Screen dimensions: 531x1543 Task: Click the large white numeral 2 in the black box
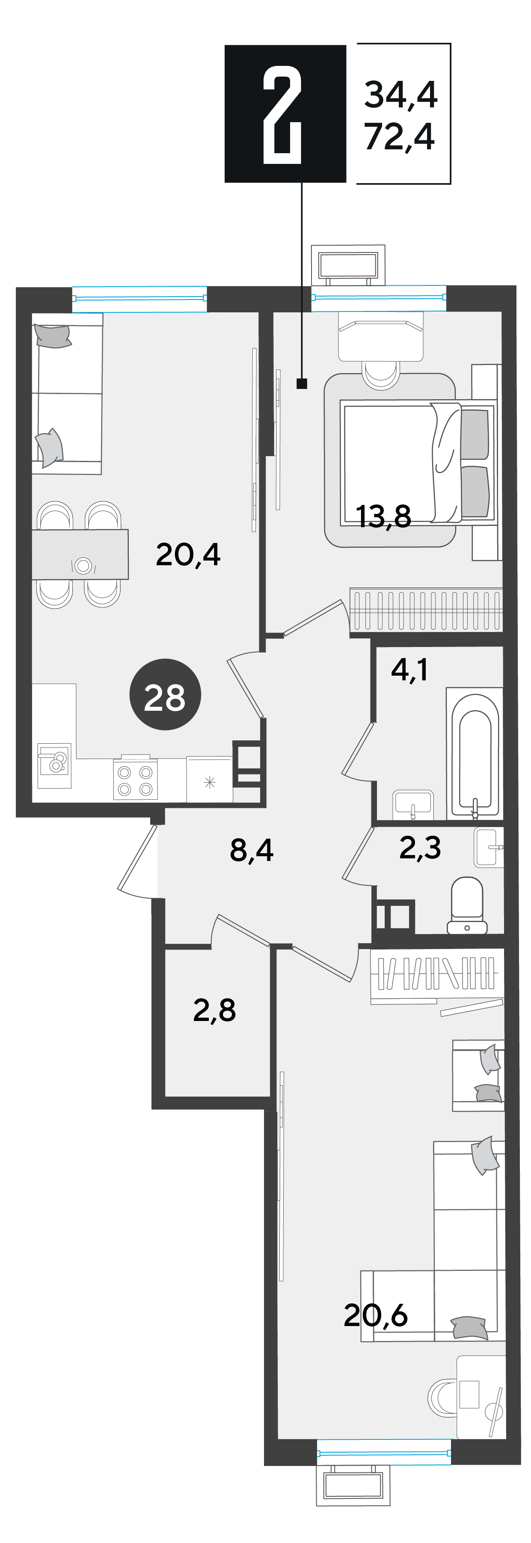pyautogui.click(x=282, y=114)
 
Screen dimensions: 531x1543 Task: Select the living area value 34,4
pyautogui.click(x=401, y=95)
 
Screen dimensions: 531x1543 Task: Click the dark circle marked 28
pyautogui.click(x=165, y=695)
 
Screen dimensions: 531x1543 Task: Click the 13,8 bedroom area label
pyautogui.click(x=384, y=516)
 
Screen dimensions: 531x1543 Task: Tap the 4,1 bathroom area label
pyautogui.click(x=409, y=670)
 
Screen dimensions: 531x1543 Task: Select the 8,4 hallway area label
pyautogui.click(x=252, y=849)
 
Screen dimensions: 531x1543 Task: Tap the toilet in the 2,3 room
pyautogui.click(x=467, y=905)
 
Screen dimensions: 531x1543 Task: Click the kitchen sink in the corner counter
pyautogui.click(x=54, y=766)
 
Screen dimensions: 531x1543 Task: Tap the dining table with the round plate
pyautogui.click(x=80, y=555)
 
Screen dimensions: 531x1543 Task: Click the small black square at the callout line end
pyautogui.click(x=302, y=383)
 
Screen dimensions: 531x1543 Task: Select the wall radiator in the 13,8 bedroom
pyautogui.click(x=426, y=609)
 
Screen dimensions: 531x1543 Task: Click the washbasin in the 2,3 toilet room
pyautogui.click(x=489, y=847)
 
